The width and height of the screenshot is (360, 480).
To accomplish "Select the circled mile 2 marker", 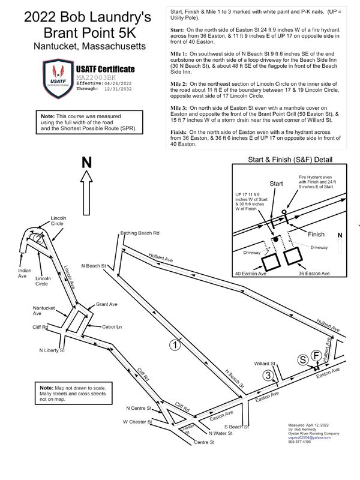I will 38,239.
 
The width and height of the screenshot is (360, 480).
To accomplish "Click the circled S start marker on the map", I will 304,359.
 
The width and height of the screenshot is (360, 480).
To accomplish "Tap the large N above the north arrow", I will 87,163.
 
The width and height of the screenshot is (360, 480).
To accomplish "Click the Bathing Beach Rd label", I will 139,233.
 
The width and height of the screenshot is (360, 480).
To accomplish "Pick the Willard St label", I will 264,364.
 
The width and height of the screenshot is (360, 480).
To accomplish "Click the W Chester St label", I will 138,422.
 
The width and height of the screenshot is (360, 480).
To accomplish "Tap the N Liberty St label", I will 52,350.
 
